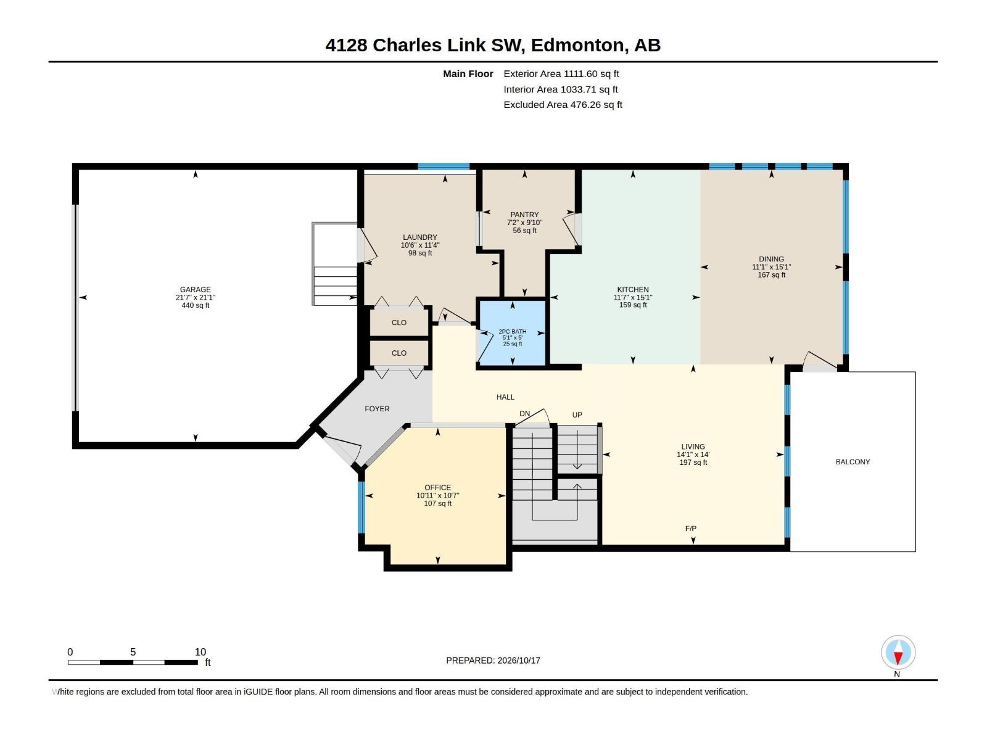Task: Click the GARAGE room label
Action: [x=195, y=289]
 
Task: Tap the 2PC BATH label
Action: [x=512, y=332]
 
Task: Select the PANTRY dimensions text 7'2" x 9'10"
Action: [x=524, y=223]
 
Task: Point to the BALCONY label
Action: [x=853, y=461]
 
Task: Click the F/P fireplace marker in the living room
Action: [x=691, y=528]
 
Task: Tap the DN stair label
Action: [x=525, y=413]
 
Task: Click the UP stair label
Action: [x=577, y=414]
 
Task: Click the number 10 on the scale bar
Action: [x=200, y=651]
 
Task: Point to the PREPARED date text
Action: [x=493, y=660]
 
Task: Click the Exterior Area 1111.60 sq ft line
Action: [x=561, y=73]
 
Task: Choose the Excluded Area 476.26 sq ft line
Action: [x=563, y=105]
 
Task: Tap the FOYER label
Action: [x=377, y=408]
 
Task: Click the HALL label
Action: [x=505, y=397]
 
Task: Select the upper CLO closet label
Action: [x=399, y=323]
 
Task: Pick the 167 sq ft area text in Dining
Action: [x=771, y=274]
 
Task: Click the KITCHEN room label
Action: [x=633, y=289]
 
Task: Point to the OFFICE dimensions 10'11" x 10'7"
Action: [x=437, y=495]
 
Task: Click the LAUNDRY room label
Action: [x=420, y=237]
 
